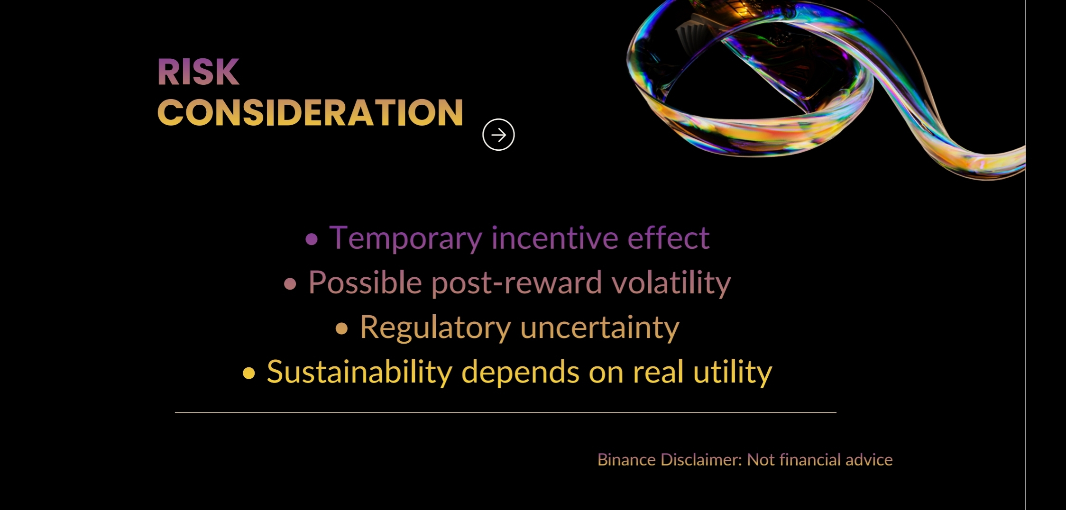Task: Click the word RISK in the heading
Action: pos(198,72)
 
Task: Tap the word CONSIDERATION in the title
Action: pos(310,113)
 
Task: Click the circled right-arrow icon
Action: pos(498,135)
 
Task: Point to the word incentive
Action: pos(554,237)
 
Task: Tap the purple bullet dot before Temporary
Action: pos(312,239)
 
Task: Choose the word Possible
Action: pos(365,282)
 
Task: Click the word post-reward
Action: pos(517,283)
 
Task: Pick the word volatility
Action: pos(671,283)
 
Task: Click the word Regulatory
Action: pos(435,328)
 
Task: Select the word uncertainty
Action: pos(600,328)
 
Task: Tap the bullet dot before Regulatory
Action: pos(341,328)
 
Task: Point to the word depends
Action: pos(520,373)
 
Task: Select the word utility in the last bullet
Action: pos(733,373)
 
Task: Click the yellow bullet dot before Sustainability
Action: pos(249,373)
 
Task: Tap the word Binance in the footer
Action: pos(626,460)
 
